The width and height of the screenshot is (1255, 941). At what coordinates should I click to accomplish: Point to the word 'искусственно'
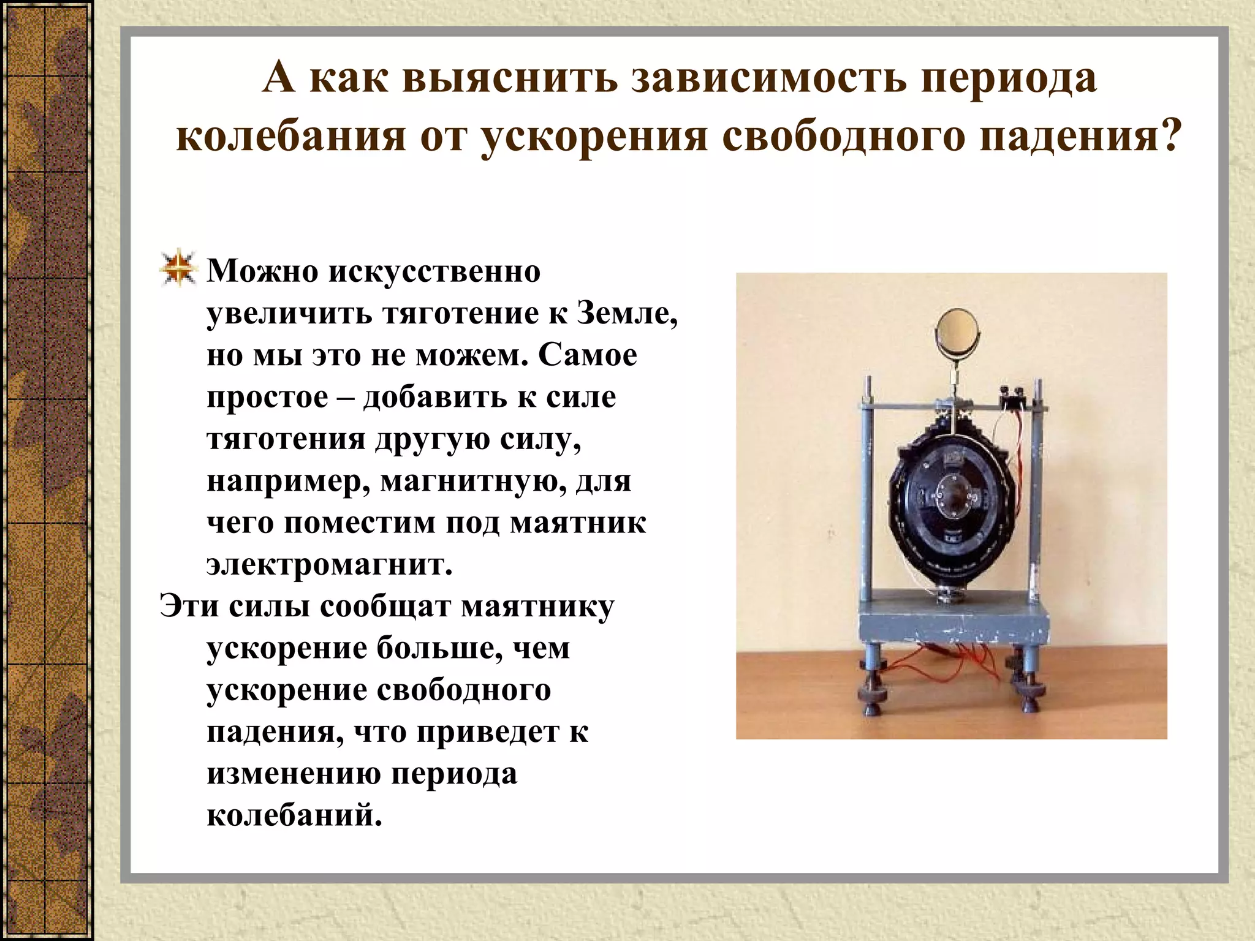point(434,271)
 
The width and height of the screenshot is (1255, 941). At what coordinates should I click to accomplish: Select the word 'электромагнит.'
point(329,564)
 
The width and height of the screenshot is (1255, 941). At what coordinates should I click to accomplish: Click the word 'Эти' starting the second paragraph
point(189,607)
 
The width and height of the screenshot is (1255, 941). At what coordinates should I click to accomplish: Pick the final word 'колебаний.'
point(294,815)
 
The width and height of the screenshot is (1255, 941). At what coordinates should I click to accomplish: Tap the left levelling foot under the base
point(873,692)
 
